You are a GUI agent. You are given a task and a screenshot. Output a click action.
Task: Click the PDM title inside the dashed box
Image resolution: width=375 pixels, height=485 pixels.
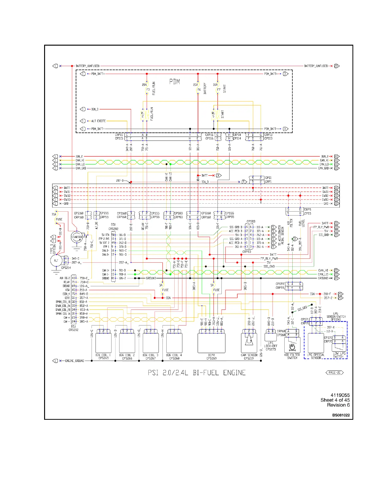point(175,82)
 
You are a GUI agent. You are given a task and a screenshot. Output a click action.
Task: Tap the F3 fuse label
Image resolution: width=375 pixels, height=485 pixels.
point(148,90)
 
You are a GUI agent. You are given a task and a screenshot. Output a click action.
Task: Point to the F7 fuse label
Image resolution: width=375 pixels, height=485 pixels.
point(219,90)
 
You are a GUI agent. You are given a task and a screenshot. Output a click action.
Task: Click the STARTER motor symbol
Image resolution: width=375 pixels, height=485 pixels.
point(77,237)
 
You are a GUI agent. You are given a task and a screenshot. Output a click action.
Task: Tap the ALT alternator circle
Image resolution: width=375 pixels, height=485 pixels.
point(56,261)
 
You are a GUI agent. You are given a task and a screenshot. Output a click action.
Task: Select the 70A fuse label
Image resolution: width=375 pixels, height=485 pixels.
point(54,214)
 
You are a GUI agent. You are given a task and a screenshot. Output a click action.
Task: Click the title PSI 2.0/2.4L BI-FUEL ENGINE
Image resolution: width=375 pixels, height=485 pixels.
point(197,373)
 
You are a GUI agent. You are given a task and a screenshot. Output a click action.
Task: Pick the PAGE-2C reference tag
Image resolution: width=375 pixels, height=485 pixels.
point(335,373)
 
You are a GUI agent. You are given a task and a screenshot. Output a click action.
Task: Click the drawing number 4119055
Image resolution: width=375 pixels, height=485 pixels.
point(340,395)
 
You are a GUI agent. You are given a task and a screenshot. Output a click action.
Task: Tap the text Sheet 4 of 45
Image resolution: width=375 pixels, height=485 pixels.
point(335,400)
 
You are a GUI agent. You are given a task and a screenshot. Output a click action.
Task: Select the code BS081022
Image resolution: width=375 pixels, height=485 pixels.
point(341,415)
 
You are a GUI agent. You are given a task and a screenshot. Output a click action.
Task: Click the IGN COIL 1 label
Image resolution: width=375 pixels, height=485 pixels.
point(103,355)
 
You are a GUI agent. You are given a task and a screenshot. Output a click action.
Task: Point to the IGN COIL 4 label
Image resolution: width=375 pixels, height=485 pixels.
point(174,355)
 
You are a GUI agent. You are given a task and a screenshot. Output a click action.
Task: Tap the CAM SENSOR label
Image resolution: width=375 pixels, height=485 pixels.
point(249,355)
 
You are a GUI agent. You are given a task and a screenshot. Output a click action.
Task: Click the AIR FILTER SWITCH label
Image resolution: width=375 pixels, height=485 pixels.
point(292,356)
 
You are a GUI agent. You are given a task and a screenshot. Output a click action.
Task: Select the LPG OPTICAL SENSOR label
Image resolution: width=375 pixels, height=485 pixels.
point(316,356)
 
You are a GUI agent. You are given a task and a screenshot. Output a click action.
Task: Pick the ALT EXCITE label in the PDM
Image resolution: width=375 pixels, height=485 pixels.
point(98,121)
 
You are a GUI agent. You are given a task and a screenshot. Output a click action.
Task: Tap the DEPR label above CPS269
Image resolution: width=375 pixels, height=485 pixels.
point(211,355)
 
